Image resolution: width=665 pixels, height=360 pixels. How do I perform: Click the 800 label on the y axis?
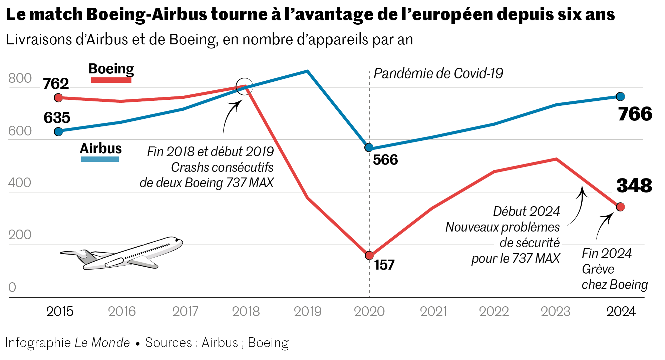20,78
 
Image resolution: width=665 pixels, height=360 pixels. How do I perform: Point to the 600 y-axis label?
20,131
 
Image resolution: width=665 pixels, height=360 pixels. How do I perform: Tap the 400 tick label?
20,183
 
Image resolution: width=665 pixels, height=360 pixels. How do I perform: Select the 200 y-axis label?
20,235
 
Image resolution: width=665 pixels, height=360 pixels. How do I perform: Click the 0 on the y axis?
12,287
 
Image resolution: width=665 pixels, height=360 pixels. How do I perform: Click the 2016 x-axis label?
122,312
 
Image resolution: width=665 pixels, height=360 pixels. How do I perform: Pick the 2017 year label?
185,312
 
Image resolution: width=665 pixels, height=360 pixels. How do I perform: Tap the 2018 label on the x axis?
246,312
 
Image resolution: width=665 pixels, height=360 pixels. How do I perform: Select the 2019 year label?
308,312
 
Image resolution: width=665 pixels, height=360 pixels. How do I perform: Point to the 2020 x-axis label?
369,312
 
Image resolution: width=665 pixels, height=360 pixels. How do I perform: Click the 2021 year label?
433,312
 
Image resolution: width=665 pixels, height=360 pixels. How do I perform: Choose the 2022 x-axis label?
494,312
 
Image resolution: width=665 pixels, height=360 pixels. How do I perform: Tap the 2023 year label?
556,312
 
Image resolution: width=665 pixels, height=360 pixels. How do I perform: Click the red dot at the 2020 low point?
370,256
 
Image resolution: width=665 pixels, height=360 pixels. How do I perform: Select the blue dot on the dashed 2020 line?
369,147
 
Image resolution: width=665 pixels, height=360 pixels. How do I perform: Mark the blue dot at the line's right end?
621,97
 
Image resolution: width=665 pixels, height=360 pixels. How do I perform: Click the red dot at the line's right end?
621,207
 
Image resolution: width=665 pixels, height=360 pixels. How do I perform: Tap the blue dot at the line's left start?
59,132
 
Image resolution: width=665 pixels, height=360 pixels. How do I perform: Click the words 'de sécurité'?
529,244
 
